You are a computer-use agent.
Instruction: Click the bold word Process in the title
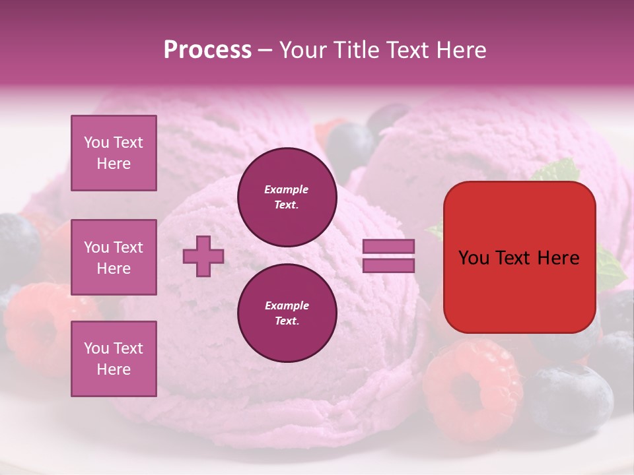pyautogui.click(x=207, y=50)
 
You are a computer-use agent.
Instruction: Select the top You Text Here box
pyautogui.click(x=114, y=153)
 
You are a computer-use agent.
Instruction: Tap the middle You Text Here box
pyautogui.click(x=114, y=257)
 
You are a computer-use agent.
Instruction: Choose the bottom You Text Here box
pyautogui.click(x=114, y=359)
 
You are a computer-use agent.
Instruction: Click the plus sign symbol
pyautogui.click(x=203, y=256)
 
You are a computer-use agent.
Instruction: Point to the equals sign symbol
pyautogui.click(x=388, y=256)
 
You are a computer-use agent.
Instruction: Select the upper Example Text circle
pyautogui.click(x=287, y=197)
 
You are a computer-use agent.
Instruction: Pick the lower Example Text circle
pyautogui.click(x=287, y=313)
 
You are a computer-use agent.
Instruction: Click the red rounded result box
pyautogui.click(x=519, y=257)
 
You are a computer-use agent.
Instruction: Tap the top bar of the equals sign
pyautogui.click(x=388, y=247)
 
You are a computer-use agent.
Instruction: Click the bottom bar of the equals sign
pyautogui.click(x=388, y=265)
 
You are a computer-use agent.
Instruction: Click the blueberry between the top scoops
pyautogui.click(x=351, y=146)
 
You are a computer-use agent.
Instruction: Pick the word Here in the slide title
pyautogui.click(x=461, y=50)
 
